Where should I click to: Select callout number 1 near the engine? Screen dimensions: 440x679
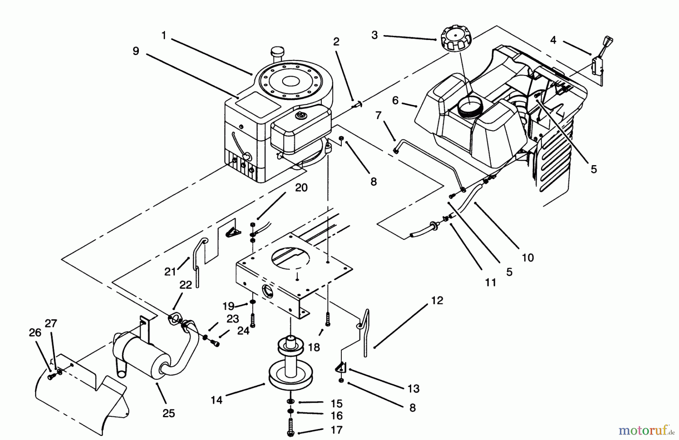point(164,35)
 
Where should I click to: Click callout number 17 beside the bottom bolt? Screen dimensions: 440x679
point(336,430)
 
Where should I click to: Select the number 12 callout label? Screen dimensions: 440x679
point(437,300)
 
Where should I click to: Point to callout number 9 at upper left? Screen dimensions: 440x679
point(136,51)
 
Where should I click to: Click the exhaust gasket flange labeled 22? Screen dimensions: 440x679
point(174,318)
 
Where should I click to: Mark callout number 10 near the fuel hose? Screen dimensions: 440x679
point(528,258)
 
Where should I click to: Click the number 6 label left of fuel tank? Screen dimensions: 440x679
point(395,100)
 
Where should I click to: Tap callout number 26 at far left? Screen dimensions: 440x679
point(35,333)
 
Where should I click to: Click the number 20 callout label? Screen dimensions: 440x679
point(301,187)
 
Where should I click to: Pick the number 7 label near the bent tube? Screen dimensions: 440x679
point(378,115)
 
